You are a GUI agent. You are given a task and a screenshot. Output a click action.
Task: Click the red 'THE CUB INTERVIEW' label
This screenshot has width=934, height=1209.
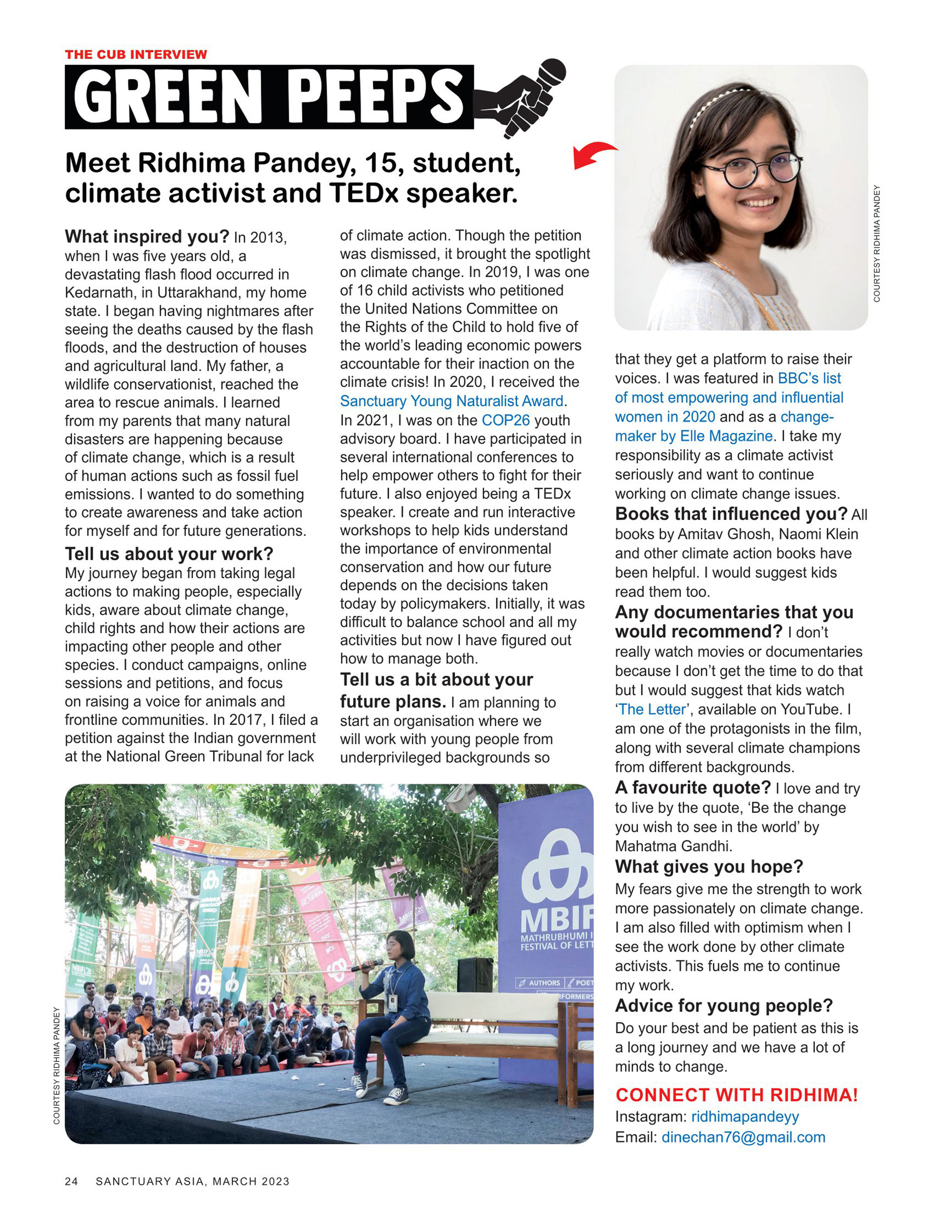click(136, 54)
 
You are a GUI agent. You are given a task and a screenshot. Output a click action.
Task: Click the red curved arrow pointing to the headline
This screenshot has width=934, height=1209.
click(592, 154)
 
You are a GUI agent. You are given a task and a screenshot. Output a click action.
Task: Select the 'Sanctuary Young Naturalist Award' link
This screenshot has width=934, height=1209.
click(451, 401)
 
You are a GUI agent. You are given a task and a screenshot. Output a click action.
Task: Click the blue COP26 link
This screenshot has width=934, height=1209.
click(505, 420)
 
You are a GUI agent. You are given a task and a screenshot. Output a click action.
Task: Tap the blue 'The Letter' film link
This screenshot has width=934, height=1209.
click(653, 709)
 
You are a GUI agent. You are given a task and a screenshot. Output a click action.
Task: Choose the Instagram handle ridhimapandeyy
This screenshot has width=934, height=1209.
click(744, 1117)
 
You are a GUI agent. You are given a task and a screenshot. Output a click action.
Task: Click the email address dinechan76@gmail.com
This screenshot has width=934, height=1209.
click(743, 1137)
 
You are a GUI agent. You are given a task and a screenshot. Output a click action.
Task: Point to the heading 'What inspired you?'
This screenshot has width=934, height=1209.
click(147, 236)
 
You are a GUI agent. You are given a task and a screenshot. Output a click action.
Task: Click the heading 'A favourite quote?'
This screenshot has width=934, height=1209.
click(693, 787)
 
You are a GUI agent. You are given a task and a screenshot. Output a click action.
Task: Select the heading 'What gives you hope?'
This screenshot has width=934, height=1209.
click(709, 866)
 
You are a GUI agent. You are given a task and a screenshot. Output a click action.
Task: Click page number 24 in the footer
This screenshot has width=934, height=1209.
click(71, 1181)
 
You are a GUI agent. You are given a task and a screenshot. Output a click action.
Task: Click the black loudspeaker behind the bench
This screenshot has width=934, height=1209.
click(475, 975)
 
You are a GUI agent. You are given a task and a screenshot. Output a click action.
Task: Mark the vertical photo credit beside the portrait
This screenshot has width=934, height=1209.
click(876, 244)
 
